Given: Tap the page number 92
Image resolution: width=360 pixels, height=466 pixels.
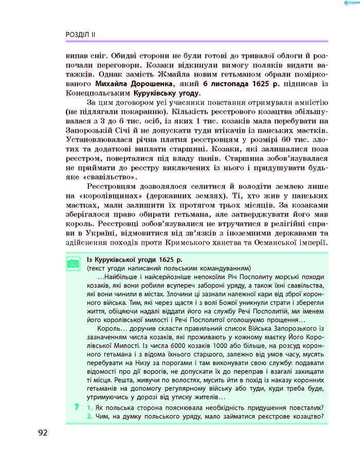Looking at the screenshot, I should click(x=42, y=432).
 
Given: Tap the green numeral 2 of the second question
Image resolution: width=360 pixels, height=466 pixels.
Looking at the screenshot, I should click(x=89, y=416).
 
